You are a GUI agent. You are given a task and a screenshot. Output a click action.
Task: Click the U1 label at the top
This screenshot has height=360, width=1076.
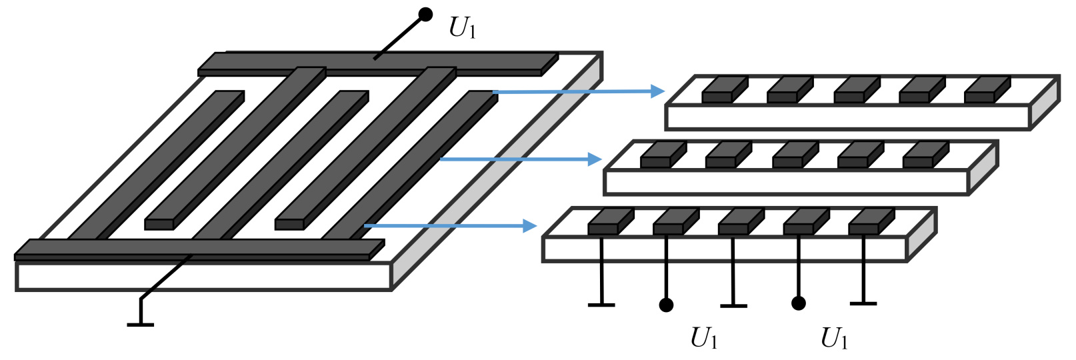463,27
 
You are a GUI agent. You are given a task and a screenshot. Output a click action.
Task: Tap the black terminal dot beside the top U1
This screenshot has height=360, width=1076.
425,14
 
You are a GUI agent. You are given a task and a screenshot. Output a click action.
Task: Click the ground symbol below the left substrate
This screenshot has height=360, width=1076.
140,324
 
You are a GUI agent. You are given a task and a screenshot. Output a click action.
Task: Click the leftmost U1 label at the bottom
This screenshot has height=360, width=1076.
704,339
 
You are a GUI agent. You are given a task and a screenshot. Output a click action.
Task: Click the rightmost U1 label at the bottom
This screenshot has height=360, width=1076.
834,339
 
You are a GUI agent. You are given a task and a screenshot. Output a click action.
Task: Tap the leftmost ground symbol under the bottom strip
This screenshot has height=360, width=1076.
601,305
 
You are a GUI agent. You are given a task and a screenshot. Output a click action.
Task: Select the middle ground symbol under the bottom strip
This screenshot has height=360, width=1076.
733,305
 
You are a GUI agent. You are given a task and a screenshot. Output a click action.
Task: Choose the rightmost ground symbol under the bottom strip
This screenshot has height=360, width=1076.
863,303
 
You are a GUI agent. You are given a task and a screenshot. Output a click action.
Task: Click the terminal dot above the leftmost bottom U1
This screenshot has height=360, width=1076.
666,305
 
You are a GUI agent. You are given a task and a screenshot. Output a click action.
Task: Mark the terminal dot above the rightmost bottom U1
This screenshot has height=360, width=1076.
798,303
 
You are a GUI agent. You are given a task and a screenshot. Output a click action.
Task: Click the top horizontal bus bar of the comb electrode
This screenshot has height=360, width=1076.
377,64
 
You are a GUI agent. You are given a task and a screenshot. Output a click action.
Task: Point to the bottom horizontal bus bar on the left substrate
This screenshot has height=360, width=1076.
193,250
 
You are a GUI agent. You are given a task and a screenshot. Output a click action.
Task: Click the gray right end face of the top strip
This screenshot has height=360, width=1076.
1045,103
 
